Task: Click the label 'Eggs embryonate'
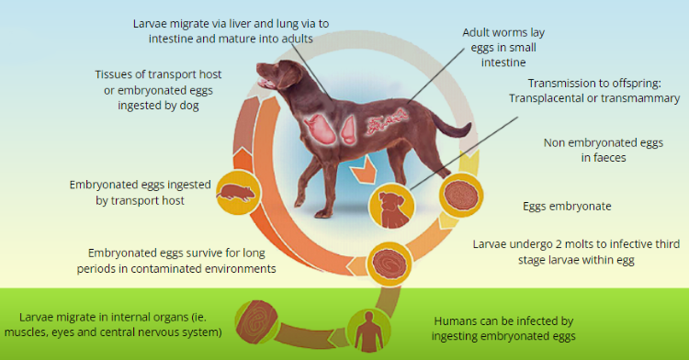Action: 567,207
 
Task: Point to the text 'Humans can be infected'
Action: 503,321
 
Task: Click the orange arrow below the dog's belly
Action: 363,170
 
